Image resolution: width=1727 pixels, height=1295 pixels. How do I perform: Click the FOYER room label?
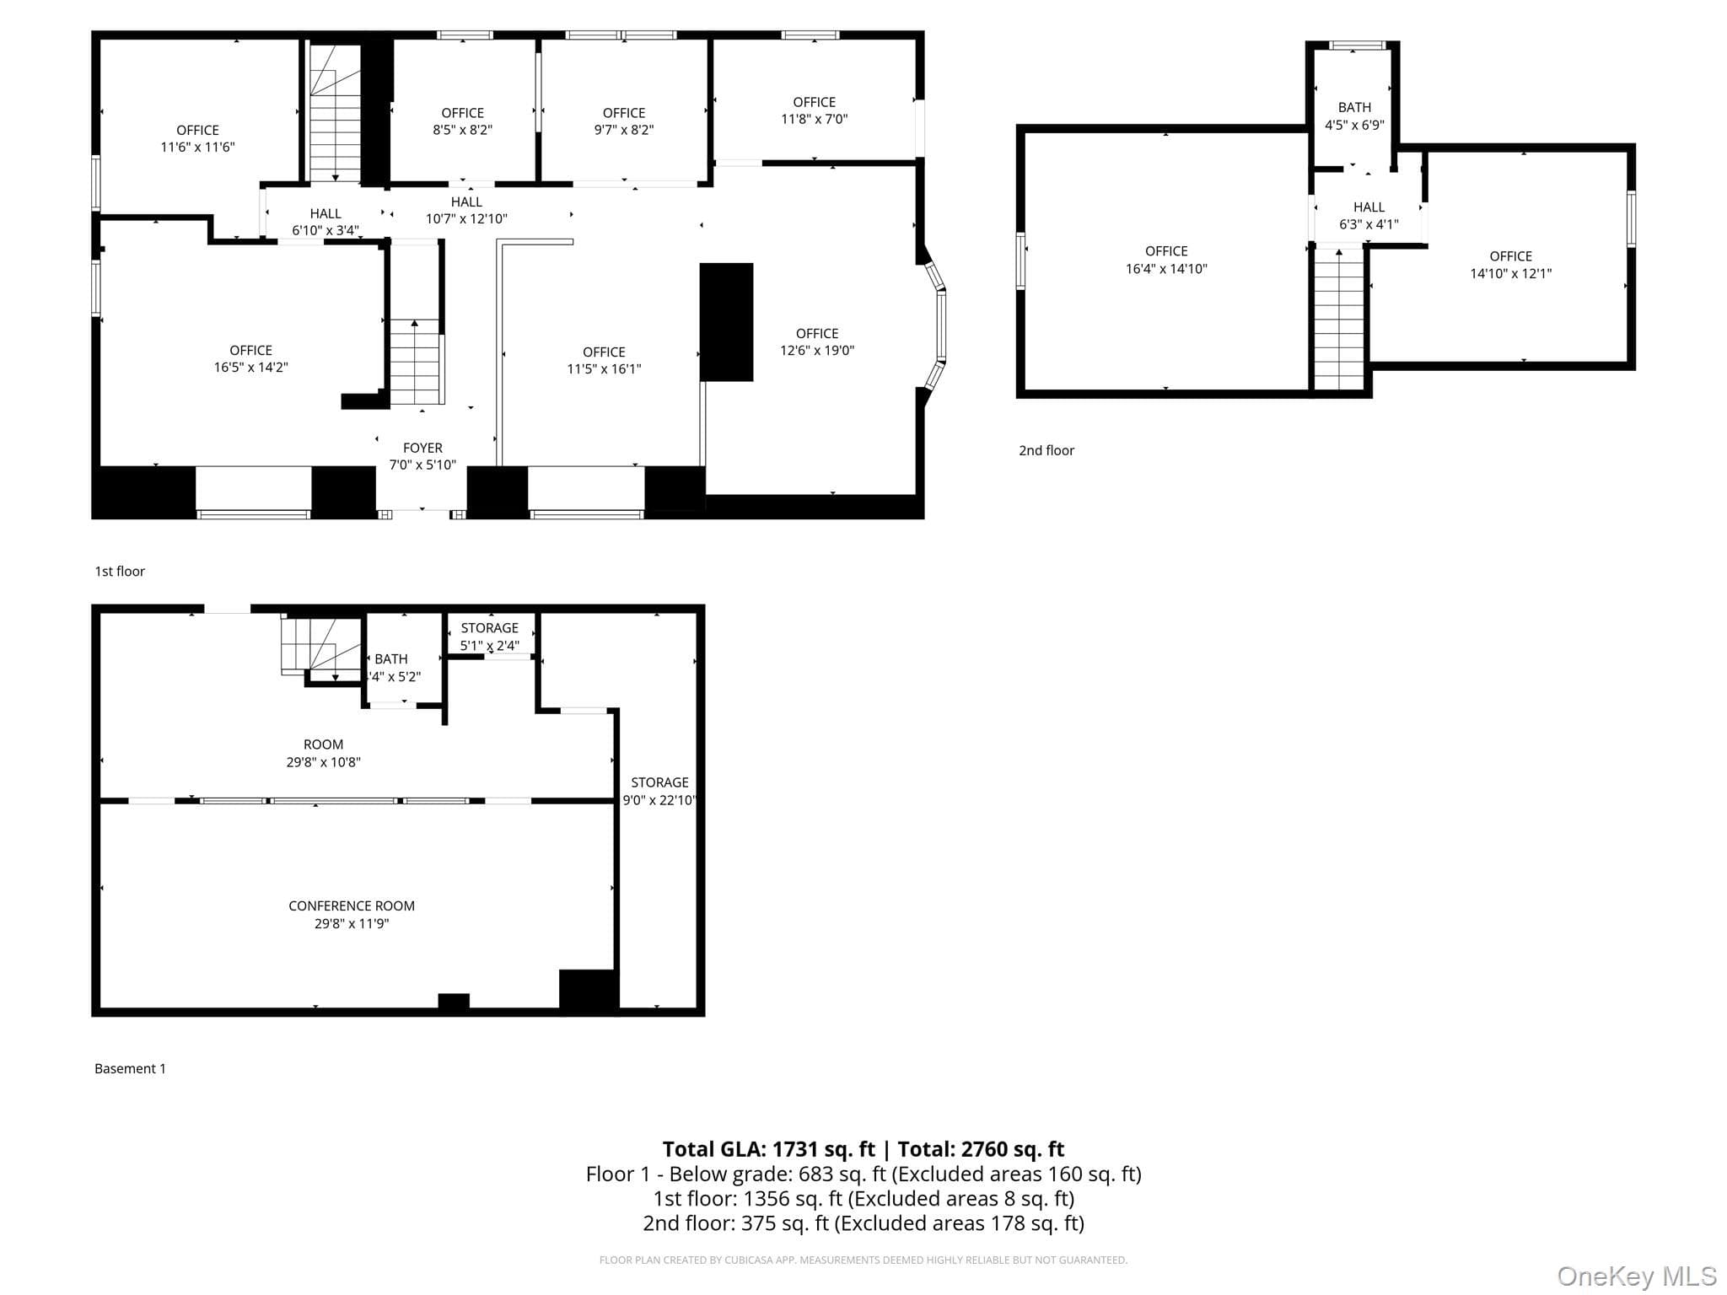[422, 448]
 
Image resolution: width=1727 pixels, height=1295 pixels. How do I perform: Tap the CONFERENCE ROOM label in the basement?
[352, 905]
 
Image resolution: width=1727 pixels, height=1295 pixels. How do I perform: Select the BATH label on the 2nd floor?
[1354, 107]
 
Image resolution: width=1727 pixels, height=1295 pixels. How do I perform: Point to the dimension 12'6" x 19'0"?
[817, 351]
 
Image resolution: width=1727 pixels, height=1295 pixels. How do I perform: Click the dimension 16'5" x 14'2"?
[250, 368]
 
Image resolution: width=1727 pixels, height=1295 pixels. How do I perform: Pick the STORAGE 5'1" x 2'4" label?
[489, 637]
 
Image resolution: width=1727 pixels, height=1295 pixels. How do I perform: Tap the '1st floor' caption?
[120, 571]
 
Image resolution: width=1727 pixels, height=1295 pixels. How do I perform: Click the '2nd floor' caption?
[1046, 450]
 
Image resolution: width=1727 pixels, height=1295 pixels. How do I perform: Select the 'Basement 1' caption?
[130, 1068]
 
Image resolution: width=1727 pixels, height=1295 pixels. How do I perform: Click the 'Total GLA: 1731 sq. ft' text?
[768, 1149]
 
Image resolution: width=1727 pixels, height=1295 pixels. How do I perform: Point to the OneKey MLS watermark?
[1637, 1276]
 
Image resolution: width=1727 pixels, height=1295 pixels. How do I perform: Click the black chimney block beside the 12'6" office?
[726, 322]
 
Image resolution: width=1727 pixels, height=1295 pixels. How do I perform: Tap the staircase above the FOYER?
[416, 362]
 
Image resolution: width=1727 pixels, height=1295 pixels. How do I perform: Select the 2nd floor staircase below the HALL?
[1339, 319]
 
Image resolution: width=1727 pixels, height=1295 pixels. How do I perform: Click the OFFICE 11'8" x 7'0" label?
[815, 110]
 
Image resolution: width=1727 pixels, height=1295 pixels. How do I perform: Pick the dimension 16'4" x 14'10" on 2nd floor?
[1166, 269]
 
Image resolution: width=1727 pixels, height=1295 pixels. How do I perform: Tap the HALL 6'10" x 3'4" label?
[325, 222]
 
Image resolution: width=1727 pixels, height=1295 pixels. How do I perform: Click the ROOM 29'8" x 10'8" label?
[323, 753]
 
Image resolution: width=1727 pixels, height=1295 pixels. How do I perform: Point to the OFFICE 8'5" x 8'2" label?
[462, 121]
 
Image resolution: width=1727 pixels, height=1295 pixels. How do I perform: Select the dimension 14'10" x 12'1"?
[1510, 273]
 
